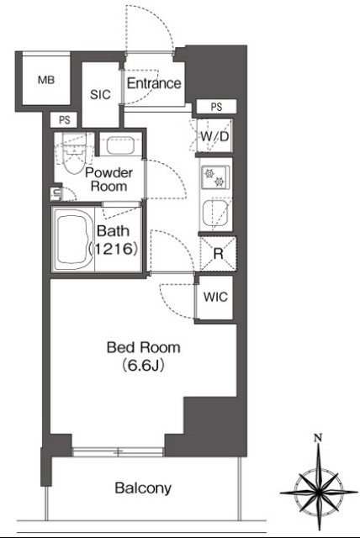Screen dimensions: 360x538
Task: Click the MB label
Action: coord(46,81)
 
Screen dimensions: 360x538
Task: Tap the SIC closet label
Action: coord(100,94)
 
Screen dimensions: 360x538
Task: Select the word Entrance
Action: coord(154,83)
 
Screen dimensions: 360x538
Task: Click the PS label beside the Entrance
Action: coord(216,107)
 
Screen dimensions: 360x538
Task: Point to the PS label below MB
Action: coord(64,120)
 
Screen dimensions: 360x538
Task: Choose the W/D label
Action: coord(214,136)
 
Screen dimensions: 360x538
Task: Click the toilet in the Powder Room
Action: coord(74,156)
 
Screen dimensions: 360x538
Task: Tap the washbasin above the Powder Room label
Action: coord(119,145)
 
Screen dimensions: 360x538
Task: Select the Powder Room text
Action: coord(109,179)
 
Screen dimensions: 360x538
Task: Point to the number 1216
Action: coord(114,249)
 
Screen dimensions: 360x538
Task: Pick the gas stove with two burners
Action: coord(215,177)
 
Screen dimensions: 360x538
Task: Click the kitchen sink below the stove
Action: coord(216,214)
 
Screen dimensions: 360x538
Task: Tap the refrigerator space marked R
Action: coord(218,254)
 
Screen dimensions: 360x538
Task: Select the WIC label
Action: coord(215,297)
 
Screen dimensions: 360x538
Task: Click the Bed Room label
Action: coord(144,347)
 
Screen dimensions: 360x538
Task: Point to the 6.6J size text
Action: coord(143,367)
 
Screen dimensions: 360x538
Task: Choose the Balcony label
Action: coord(143,488)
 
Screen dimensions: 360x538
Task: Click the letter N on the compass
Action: coord(319,438)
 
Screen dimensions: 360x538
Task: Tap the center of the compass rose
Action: coord(319,493)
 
